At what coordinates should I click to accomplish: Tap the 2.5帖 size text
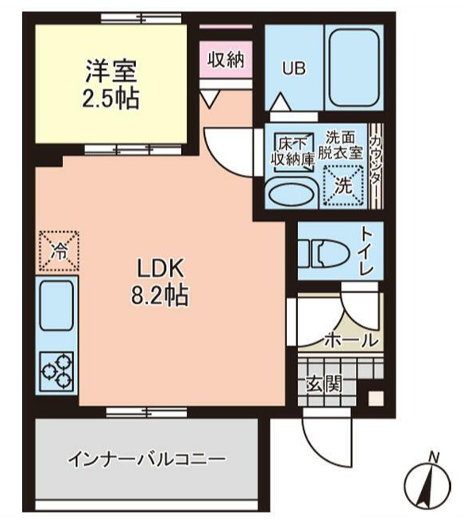pyautogui.click(x=111, y=99)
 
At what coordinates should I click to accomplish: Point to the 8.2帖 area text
pyautogui.click(x=159, y=296)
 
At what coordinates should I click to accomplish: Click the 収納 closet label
pyautogui.click(x=225, y=60)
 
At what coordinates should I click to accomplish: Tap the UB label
pyautogui.click(x=294, y=68)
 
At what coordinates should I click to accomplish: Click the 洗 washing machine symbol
pyautogui.click(x=342, y=188)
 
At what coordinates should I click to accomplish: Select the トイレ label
pyautogui.click(x=366, y=251)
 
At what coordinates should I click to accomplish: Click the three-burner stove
pyautogui.click(x=56, y=370)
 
